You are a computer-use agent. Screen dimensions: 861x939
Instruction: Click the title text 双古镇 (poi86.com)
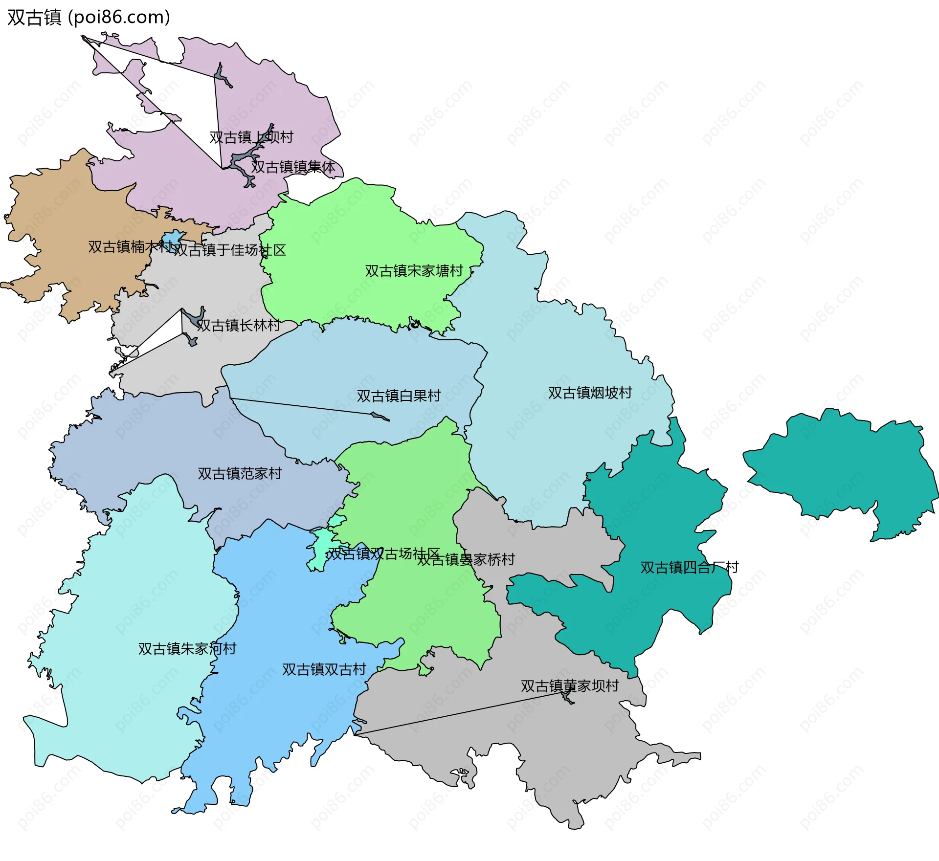pyautogui.click(x=89, y=17)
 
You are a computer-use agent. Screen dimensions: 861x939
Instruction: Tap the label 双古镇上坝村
pyautogui.click(x=251, y=137)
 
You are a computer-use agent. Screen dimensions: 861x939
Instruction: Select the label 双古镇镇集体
pyautogui.click(x=293, y=167)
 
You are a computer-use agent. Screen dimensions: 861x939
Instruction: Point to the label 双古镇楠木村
pyautogui.click(x=130, y=247)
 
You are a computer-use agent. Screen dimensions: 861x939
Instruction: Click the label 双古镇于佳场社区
pyautogui.click(x=229, y=250)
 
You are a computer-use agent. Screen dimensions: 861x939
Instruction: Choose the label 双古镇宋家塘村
pyautogui.click(x=414, y=271)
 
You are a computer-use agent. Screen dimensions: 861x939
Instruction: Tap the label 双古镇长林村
pyautogui.click(x=238, y=325)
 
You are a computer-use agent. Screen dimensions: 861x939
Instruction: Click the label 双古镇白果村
pyautogui.click(x=399, y=396)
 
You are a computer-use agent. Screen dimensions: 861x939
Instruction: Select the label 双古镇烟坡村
pyautogui.click(x=590, y=393)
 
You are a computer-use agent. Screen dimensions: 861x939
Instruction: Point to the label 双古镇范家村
pyautogui.click(x=240, y=473)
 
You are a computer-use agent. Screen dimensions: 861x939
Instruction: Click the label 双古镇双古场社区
pyautogui.click(x=383, y=553)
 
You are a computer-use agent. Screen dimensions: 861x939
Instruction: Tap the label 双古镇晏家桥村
pyautogui.click(x=466, y=559)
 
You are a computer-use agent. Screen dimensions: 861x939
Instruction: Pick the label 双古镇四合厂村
pyautogui.click(x=689, y=568)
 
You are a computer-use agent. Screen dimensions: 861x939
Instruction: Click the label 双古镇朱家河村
pyautogui.click(x=187, y=649)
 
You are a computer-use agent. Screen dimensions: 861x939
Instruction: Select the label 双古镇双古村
pyautogui.click(x=324, y=669)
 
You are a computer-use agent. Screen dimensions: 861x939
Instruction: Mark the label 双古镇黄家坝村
pyautogui.click(x=570, y=686)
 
